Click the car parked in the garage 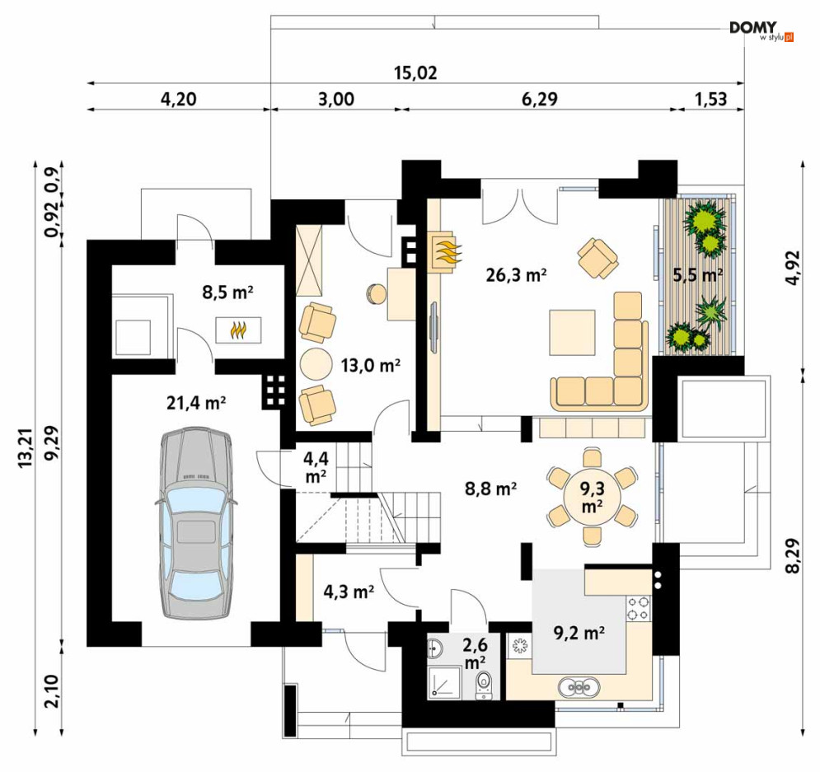pos(196,523)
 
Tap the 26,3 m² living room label pos(516,275)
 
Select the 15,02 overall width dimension pos(415,73)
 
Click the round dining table pos(592,497)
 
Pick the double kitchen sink pos(579,687)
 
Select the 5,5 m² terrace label pos(698,274)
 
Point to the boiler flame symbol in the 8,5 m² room pos(238,330)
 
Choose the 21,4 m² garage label pos(196,403)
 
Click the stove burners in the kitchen pos(639,608)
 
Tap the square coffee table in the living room pos(572,333)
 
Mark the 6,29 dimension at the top pos(540,99)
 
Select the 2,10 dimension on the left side pos(52,690)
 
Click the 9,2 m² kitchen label pos(579,634)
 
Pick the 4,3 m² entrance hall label pos(349,592)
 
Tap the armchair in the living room pos(597,258)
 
